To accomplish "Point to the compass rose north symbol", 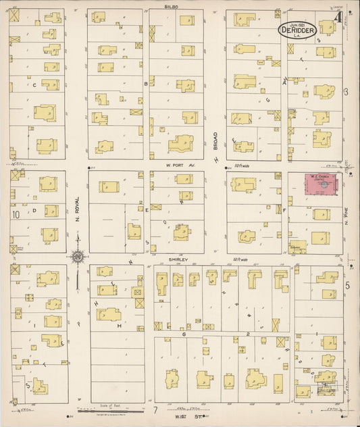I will point(78,256).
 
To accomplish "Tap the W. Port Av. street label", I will point(180,164).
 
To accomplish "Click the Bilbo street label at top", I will point(171,5).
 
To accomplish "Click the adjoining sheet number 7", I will point(155,409).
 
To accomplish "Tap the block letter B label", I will point(146,83).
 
